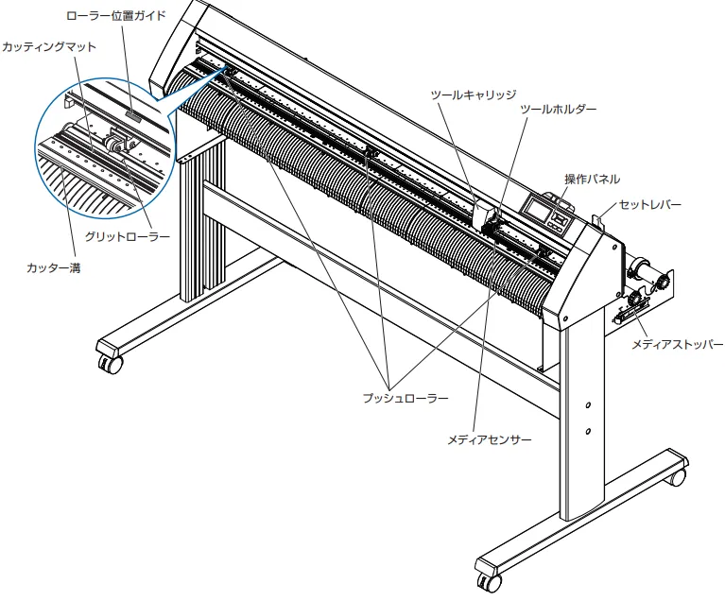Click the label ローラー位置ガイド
pyautogui.click(x=116, y=16)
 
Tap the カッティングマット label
pyautogui.click(x=49, y=47)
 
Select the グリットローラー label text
pyautogui.click(x=128, y=237)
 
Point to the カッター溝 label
pyautogui.click(x=54, y=267)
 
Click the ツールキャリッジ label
pyautogui.click(x=474, y=95)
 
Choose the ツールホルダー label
pyautogui.click(x=559, y=110)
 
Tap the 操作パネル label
pyautogui.click(x=593, y=180)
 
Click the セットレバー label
pyautogui.click(x=650, y=205)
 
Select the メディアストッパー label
pyautogui.click(x=678, y=344)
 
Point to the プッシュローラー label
pyautogui.click(x=406, y=398)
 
